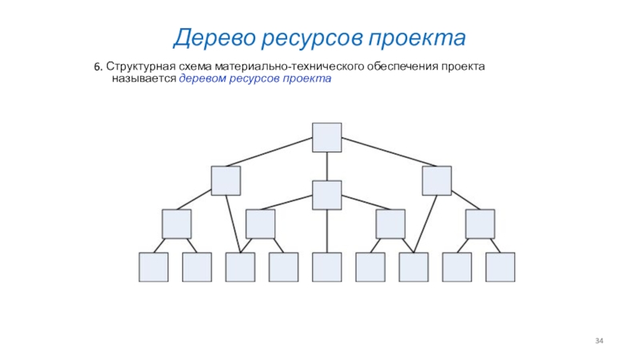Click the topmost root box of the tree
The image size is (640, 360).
326,137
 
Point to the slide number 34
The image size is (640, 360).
599,342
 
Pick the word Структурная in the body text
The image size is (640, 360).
141,66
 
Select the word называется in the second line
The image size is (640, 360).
149,80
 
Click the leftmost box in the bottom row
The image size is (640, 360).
154,266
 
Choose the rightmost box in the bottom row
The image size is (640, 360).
500,266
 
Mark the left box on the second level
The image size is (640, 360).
226,180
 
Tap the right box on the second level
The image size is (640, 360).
437,180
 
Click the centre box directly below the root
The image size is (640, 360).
326,195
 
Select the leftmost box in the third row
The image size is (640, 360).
176,224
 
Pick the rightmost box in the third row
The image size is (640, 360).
480,224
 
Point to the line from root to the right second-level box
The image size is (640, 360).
382,154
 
